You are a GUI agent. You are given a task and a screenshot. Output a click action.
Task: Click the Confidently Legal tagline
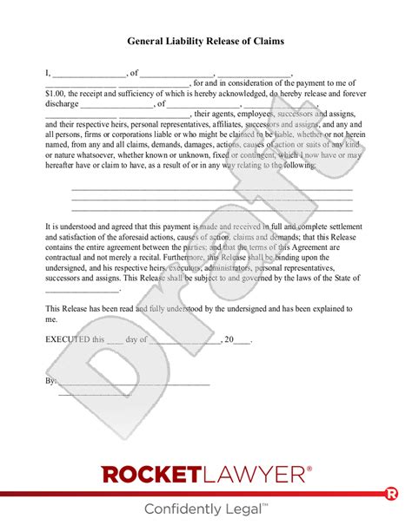coord(206,509)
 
